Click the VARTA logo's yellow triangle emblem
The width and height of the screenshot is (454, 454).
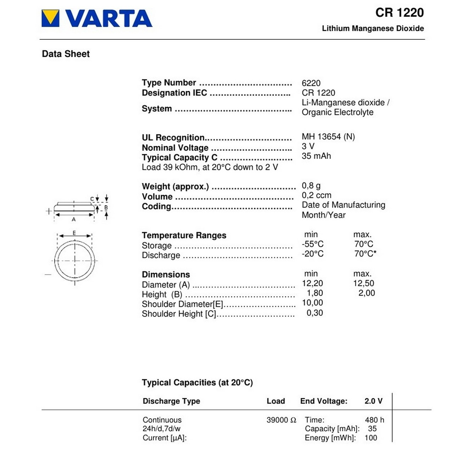[x=50, y=18]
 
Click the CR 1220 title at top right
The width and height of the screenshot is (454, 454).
[x=399, y=13]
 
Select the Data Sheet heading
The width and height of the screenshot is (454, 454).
[x=66, y=54]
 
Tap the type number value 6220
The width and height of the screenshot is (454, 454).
[x=311, y=83]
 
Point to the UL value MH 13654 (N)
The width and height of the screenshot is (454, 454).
[x=328, y=137]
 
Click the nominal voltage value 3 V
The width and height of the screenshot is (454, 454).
[x=308, y=146]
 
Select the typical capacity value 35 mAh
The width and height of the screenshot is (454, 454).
[x=316, y=156]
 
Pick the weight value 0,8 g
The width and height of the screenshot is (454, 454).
[x=311, y=186]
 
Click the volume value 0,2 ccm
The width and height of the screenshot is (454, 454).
[x=316, y=195]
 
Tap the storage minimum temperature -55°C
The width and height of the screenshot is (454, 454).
[x=312, y=244]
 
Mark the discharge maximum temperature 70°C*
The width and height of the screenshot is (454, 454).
[x=365, y=254]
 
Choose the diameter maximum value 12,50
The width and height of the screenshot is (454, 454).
[x=364, y=283]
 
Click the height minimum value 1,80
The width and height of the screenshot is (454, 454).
[x=315, y=293]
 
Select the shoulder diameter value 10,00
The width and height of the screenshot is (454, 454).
[x=312, y=303]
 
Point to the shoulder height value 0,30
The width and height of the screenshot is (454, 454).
[x=315, y=313]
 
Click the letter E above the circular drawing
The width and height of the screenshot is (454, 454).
[x=74, y=233]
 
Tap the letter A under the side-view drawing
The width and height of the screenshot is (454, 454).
[x=74, y=220]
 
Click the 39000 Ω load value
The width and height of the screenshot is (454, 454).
[x=281, y=420]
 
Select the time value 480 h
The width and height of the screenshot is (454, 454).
[x=374, y=420]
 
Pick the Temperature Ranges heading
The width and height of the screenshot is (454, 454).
[x=184, y=236]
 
